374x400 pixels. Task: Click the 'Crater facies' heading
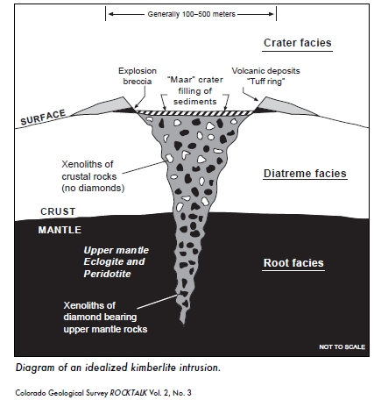(x=298, y=43)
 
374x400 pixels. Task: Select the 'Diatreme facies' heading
(x=305, y=174)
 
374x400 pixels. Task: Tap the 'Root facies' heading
(x=293, y=263)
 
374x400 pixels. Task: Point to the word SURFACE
(x=43, y=118)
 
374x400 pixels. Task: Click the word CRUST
(x=58, y=211)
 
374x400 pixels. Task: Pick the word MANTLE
(x=60, y=230)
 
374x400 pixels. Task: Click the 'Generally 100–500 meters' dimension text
(x=191, y=14)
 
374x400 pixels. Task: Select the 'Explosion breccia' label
(x=138, y=76)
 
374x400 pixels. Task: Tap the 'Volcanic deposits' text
(x=265, y=71)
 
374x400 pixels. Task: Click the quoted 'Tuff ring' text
(x=266, y=82)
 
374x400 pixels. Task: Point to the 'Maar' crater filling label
(x=195, y=90)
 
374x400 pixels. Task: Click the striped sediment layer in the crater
(x=194, y=113)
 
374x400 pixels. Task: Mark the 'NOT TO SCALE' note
(x=342, y=346)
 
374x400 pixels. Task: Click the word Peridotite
(x=107, y=274)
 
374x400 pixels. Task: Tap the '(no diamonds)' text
(x=93, y=188)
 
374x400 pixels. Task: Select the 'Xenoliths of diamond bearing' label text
(x=100, y=311)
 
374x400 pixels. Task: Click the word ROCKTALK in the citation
(x=129, y=392)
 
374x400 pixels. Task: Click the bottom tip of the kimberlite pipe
(x=183, y=324)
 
